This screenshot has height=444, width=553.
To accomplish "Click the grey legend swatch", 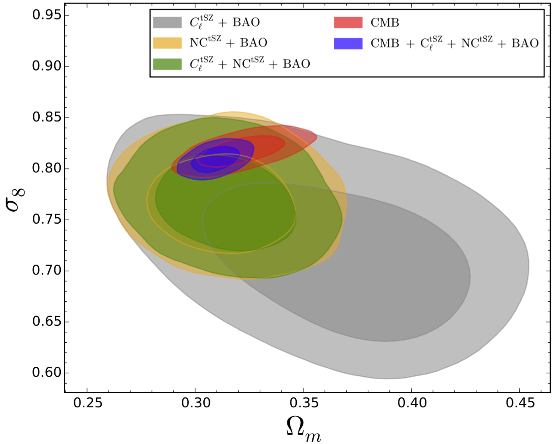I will (x=167, y=22).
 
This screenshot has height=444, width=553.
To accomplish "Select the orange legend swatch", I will (x=167, y=43).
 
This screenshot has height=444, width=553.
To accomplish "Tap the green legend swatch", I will (x=167, y=64).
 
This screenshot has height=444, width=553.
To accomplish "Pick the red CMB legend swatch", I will (x=348, y=22).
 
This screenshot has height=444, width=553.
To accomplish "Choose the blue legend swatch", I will (x=348, y=43).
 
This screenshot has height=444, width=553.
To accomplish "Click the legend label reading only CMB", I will (x=385, y=22).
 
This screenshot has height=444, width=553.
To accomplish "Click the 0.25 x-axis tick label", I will (x=87, y=403).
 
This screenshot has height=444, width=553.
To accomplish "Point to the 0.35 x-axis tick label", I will (x=304, y=403).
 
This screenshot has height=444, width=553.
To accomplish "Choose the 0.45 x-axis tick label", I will (x=520, y=403).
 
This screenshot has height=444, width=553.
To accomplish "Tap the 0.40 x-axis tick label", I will (x=412, y=403).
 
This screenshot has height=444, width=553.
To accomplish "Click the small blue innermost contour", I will (x=215, y=160).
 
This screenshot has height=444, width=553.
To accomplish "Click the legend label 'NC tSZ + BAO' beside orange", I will (x=228, y=42).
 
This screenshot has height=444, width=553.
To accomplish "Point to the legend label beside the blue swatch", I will (x=454, y=43).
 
